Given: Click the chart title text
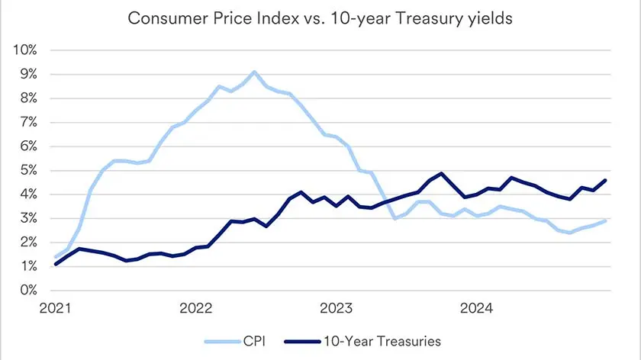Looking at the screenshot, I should (x=320, y=18).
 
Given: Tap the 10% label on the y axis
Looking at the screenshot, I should (x=24, y=50).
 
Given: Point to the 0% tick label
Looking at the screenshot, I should (x=27, y=291).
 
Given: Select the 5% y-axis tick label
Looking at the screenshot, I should (x=27, y=171).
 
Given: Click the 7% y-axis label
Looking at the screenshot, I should (x=27, y=123).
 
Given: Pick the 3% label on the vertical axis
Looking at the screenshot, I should (x=27, y=219).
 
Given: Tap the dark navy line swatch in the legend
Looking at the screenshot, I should (x=300, y=340).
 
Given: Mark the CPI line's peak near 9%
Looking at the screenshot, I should (x=254, y=72).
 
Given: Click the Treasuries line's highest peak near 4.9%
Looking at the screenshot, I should (x=441, y=174).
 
